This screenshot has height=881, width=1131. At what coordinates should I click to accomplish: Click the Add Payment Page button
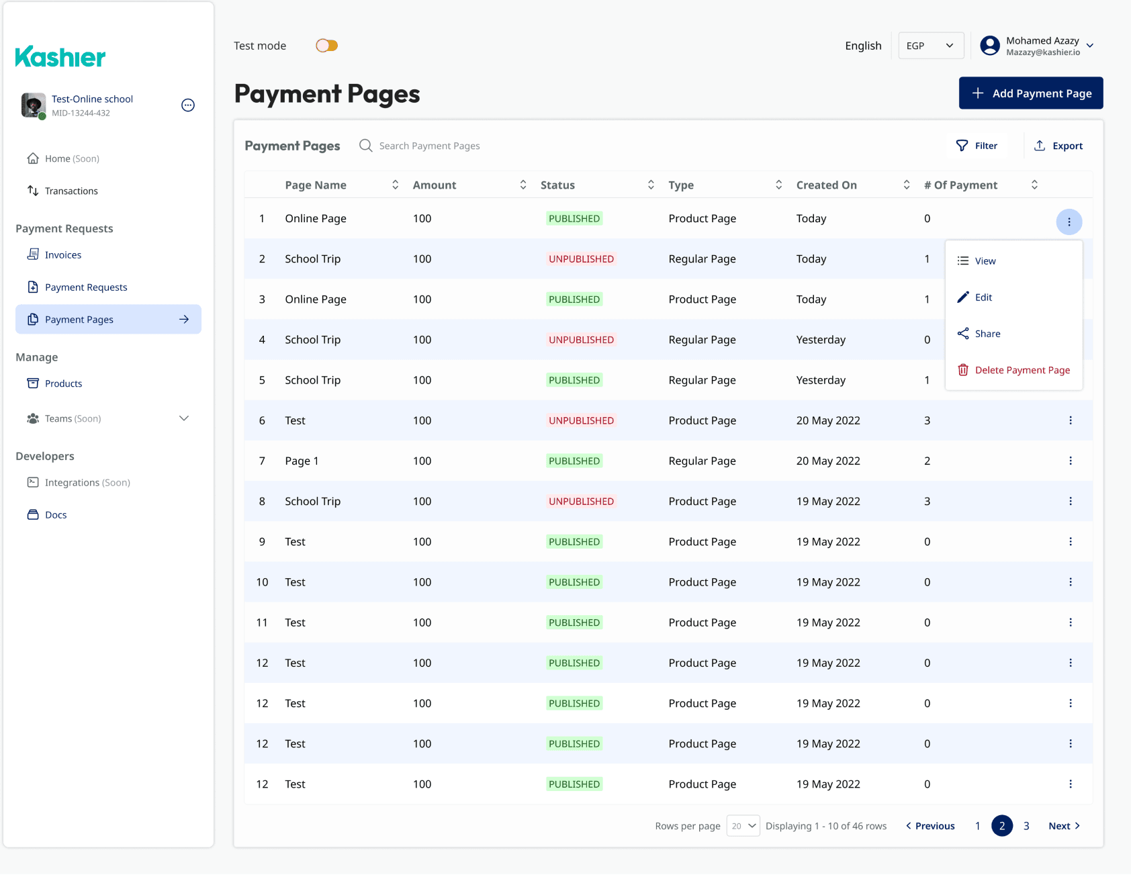point(1031,93)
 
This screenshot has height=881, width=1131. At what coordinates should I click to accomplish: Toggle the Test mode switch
point(327,46)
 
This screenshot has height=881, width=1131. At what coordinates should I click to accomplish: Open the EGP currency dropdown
point(931,46)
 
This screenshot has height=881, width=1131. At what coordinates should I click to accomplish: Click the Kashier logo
point(60,57)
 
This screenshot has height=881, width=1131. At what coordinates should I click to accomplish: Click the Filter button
point(977,146)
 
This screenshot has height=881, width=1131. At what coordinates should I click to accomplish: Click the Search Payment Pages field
point(429,146)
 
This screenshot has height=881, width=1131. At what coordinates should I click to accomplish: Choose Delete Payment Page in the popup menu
point(1013,370)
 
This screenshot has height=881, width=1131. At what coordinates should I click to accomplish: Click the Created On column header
point(827,185)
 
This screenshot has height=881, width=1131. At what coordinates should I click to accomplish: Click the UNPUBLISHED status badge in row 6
point(582,420)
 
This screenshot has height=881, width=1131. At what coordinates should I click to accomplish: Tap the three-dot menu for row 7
point(1071,461)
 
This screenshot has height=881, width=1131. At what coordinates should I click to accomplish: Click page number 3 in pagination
point(1026,826)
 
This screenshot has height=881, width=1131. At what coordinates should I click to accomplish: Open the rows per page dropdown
point(743,826)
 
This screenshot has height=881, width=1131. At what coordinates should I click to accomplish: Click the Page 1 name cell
point(302,461)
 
